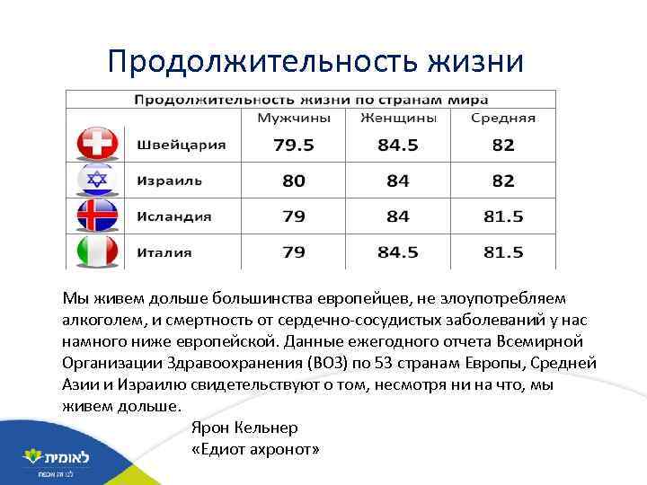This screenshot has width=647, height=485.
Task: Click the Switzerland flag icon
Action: point(95,145)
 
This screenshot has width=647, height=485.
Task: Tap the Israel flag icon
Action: point(95,181)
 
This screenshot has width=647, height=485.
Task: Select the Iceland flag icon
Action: point(95,216)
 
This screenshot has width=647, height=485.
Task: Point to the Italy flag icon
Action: point(95,251)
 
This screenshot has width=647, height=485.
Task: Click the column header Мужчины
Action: point(294,119)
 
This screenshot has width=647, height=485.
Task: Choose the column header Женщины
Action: point(398,119)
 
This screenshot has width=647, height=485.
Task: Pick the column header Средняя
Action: point(503,119)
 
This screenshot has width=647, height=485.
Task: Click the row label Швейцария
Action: point(182,145)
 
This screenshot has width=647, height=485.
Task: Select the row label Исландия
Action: point(174,216)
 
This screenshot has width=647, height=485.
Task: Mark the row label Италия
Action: point(164,252)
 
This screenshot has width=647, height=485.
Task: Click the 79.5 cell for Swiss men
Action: point(294,145)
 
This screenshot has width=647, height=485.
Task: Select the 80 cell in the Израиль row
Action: point(294,181)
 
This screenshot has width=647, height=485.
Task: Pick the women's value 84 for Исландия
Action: point(398,216)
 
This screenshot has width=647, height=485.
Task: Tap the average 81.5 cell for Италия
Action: point(503,252)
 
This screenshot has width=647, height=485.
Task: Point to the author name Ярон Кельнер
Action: point(245,428)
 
